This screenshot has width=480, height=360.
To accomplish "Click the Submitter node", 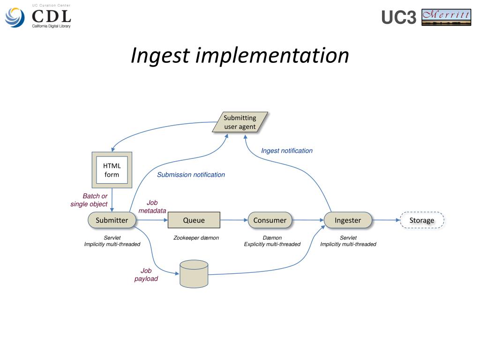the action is (x=112, y=220).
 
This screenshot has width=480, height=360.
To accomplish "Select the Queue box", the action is (x=194, y=220).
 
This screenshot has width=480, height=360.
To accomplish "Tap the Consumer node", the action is (x=270, y=220).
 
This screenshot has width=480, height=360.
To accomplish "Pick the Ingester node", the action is (x=348, y=220).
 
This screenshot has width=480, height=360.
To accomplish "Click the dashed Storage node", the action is (x=422, y=220).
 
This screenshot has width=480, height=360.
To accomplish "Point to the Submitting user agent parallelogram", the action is (x=240, y=122).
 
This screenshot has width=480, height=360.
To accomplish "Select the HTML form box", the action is (x=112, y=170).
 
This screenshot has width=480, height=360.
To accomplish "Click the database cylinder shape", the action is (x=194, y=274).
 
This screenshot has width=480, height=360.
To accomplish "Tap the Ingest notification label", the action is (x=287, y=150).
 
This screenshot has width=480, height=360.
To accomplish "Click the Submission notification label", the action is (x=191, y=174).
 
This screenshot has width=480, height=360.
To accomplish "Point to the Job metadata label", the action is (x=152, y=207).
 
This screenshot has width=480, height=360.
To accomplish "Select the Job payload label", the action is (x=146, y=275).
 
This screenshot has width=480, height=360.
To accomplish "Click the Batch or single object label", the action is (x=89, y=200).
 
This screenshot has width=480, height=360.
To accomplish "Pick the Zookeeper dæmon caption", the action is (x=196, y=238).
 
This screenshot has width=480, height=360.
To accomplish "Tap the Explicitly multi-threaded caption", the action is (x=272, y=244).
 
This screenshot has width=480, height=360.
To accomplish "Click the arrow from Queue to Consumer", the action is (x=234, y=220).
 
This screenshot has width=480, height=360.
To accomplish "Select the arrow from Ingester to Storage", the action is (x=386, y=220).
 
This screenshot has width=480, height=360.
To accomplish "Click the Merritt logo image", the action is (x=446, y=17).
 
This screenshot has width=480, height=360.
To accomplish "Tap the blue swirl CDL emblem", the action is (x=15, y=17).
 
